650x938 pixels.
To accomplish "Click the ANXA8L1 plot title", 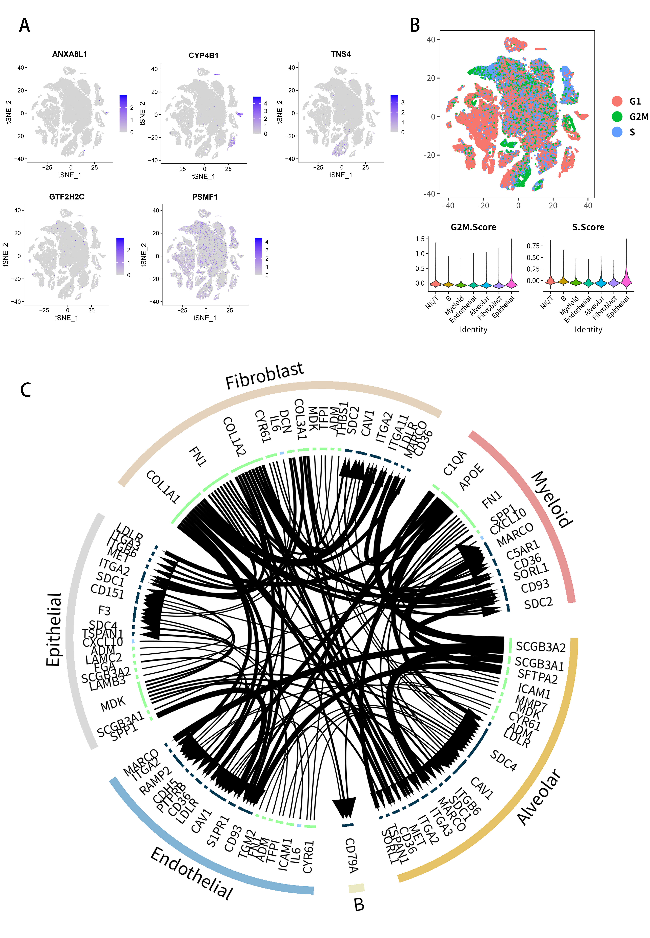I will coord(70,54).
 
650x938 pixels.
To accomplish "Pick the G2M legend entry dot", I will coord(617,117).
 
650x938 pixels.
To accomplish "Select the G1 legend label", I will coord(635,101).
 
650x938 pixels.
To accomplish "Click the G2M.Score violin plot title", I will coord(473,227).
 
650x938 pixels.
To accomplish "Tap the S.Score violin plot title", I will coord(588,227).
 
